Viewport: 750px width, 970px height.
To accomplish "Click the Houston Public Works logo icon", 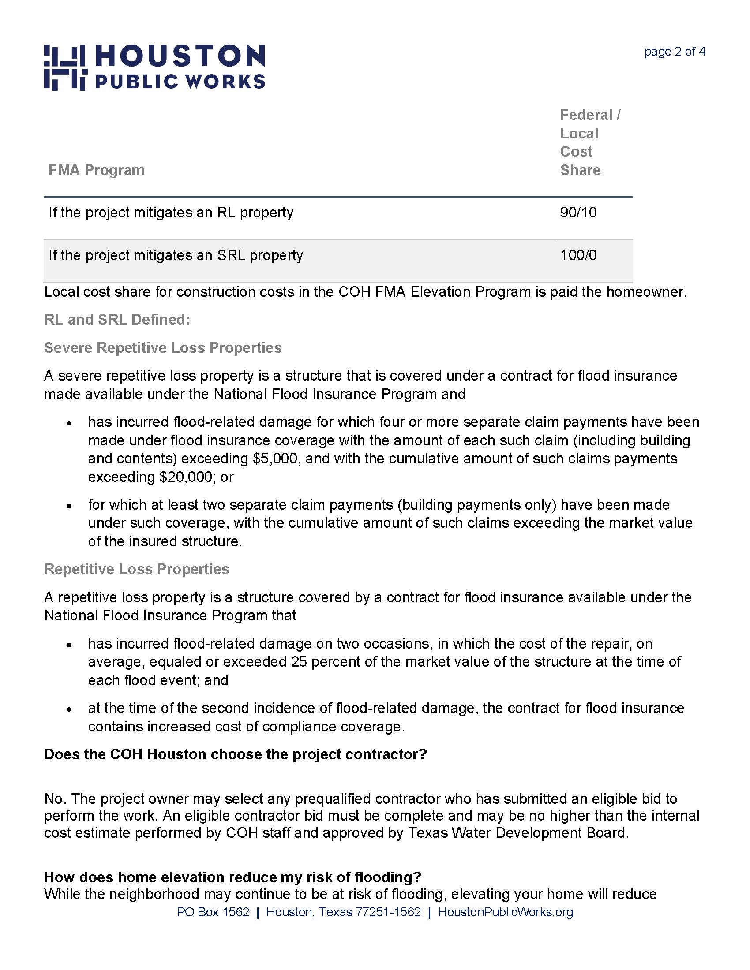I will (x=64, y=67).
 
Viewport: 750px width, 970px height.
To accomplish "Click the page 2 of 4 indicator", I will (x=675, y=52).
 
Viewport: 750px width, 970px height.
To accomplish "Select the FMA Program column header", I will (x=97, y=170).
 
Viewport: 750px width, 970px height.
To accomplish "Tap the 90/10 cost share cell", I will (x=578, y=213).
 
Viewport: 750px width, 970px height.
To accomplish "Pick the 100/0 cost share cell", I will (x=578, y=255).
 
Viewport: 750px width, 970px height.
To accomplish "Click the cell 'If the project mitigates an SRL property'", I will (x=176, y=255).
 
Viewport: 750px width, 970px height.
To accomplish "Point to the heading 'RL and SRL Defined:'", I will (x=117, y=320).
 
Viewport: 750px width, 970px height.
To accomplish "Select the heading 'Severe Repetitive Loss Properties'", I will (x=163, y=348).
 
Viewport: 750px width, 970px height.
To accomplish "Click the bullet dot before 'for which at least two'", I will (x=69, y=506).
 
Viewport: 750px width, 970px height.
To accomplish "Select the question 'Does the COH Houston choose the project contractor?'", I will (x=235, y=754).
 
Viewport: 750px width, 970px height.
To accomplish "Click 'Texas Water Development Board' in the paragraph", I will (x=517, y=832).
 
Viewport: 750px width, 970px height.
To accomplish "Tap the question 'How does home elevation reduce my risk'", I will (x=232, y=877).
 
